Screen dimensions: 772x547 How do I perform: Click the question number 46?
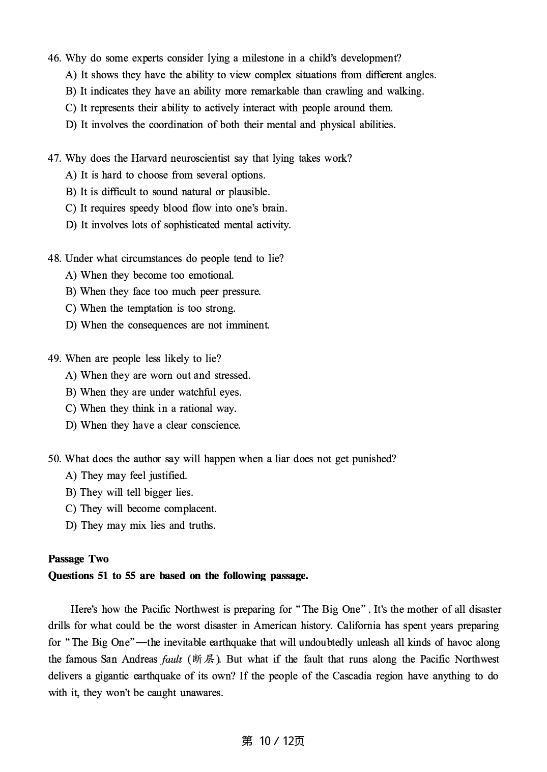(x=54, y=58)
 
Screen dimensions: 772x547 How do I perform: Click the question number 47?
(x=54, y=158)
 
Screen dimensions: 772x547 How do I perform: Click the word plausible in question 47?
(x=249, y=192)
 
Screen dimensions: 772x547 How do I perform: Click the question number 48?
(x=54, y=258)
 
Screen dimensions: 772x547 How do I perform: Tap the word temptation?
(x=150, y=308)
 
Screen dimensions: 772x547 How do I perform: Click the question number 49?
(x=54, y=359)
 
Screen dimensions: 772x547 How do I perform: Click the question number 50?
(x=54, y=459)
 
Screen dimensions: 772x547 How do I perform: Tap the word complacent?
(x=191, y=509)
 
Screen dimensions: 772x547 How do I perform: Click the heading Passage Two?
(x=78, y=559)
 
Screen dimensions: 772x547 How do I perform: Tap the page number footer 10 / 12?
(x=273, y=741)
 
